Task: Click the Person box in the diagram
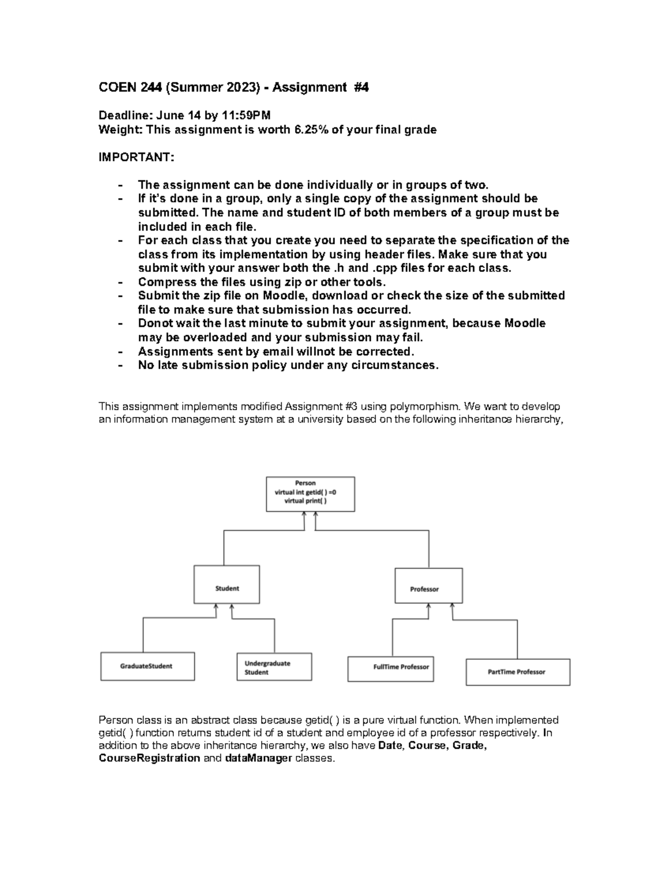click(x=310, y=494)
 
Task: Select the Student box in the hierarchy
click(x=226, y=584)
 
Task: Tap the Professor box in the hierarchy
click(x=428, y=585)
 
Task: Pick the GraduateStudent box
click(x=147, y=666)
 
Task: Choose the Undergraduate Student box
click(x=274, y=667)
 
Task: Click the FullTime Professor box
click(x=390, y=669)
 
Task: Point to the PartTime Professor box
click(x=518, y=671)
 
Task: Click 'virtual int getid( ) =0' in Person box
click(x=305, y=492)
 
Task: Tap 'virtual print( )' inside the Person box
click(x=305, y=501)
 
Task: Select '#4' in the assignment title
click(x=361, y=87)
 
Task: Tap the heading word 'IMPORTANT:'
click(x=136, y=157)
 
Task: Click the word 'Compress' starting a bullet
click(x=162, y=282)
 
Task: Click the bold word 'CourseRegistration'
click(x=149, y=758)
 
